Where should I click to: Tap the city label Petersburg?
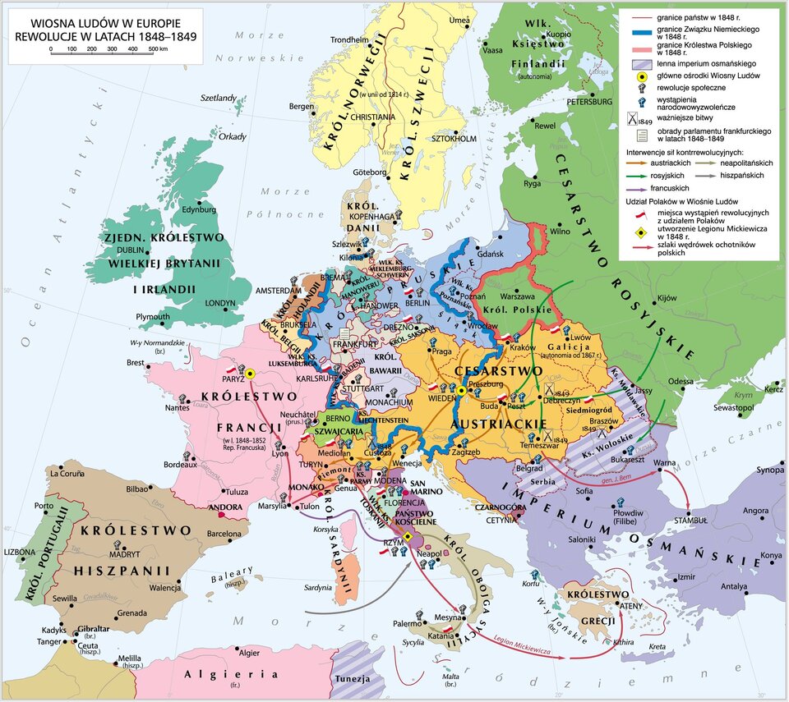(x=589, y=102)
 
